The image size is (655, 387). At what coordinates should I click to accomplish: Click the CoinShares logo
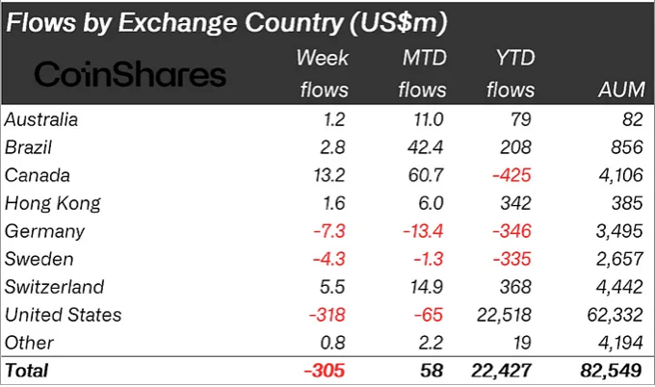[130, 74]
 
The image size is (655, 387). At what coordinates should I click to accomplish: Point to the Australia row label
[40, 119]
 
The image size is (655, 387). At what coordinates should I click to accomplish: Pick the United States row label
[63, 315]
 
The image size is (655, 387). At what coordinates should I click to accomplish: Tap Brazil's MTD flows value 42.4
[427, 147]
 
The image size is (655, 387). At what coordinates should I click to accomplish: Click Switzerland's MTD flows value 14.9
[428, 287]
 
